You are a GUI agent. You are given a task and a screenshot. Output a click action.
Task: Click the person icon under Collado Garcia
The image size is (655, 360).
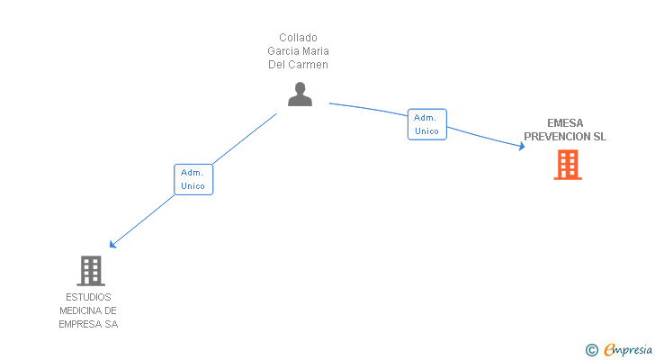tap(300, 94)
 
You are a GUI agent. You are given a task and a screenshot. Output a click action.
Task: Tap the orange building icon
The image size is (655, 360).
tap(567, 165)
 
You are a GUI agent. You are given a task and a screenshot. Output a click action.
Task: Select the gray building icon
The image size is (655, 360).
tap(90, 270)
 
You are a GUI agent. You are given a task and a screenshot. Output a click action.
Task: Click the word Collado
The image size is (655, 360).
tap(298, 38)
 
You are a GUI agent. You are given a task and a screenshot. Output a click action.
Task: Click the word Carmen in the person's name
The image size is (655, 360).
tap(309, 65)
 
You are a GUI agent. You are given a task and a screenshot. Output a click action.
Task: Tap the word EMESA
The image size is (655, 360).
tap(565, 123)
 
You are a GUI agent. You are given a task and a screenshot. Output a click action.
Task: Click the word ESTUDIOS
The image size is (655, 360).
tap(88, 297)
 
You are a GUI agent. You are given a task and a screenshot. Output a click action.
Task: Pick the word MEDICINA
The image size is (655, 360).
tap(81, 310)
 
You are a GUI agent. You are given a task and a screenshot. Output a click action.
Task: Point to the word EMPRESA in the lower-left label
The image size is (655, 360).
tap(80, 324)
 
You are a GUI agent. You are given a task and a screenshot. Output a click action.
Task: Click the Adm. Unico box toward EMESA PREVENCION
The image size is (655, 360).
tap(426, 124)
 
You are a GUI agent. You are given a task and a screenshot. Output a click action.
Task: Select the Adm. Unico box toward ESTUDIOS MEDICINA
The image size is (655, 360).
tap(193, 179)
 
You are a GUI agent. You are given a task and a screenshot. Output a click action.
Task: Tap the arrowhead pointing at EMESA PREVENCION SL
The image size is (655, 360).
tap(521, 145)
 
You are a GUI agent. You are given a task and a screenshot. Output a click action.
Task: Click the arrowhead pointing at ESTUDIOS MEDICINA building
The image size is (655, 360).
tap(112, 244)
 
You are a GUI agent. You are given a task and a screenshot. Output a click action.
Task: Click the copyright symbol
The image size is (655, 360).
tap(591, 350)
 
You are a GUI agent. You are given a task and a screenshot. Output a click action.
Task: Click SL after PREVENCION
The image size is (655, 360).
tap(599, 137)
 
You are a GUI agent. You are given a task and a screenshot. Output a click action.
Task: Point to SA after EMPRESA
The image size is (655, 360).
tap(111, 324)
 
